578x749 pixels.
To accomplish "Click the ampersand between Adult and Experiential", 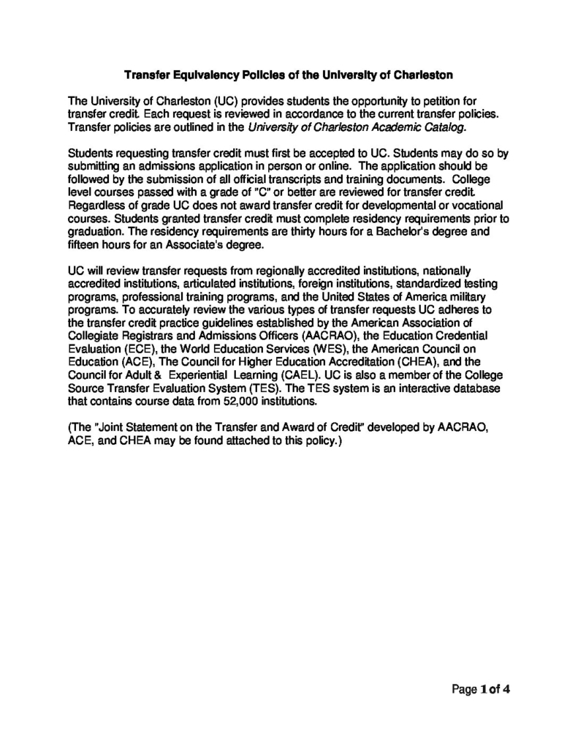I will [x=157, y=376].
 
